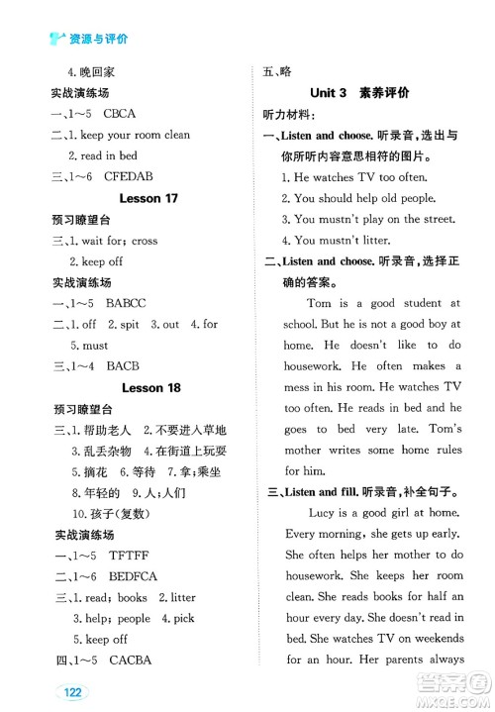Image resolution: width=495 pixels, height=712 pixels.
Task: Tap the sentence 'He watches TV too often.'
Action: tap(352, 176)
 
